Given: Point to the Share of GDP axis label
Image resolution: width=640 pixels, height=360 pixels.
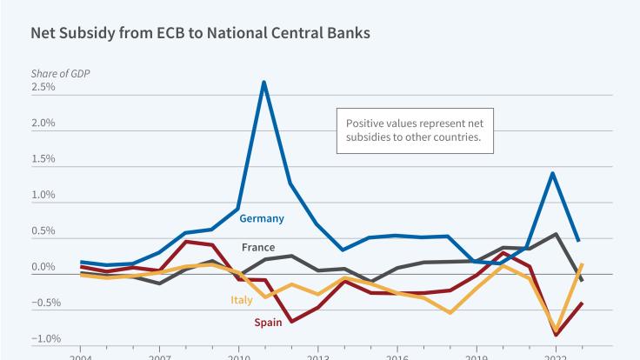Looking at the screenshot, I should [x=61, y=72].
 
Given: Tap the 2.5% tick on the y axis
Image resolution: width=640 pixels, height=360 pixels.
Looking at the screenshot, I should [x=43, y=87].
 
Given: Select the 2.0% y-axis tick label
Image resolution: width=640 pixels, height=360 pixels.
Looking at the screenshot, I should [x=43, y=123].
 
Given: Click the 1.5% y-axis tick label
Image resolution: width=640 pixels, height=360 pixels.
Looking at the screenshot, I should [x=43, y=159].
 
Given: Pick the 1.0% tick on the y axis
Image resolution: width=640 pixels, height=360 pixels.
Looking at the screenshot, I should [x=43, y=195].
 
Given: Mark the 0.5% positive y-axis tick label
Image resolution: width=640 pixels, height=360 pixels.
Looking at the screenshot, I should [x=43, y=231].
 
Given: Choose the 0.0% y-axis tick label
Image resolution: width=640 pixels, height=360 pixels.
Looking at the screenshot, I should [x=43, y=267].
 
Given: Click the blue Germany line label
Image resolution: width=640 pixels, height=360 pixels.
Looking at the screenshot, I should [x=261, y=218].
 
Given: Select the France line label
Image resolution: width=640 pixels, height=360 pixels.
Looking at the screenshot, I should [x=259, y=247].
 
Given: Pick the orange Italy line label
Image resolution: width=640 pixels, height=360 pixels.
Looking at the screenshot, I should [x=242, y=301].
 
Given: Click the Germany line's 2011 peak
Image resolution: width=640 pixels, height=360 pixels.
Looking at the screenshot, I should [x=263, y=82].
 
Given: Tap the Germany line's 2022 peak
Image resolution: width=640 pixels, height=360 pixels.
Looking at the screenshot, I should [x=552, y=172].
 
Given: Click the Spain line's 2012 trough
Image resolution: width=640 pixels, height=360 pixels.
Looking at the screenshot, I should [x=290, y=321].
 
